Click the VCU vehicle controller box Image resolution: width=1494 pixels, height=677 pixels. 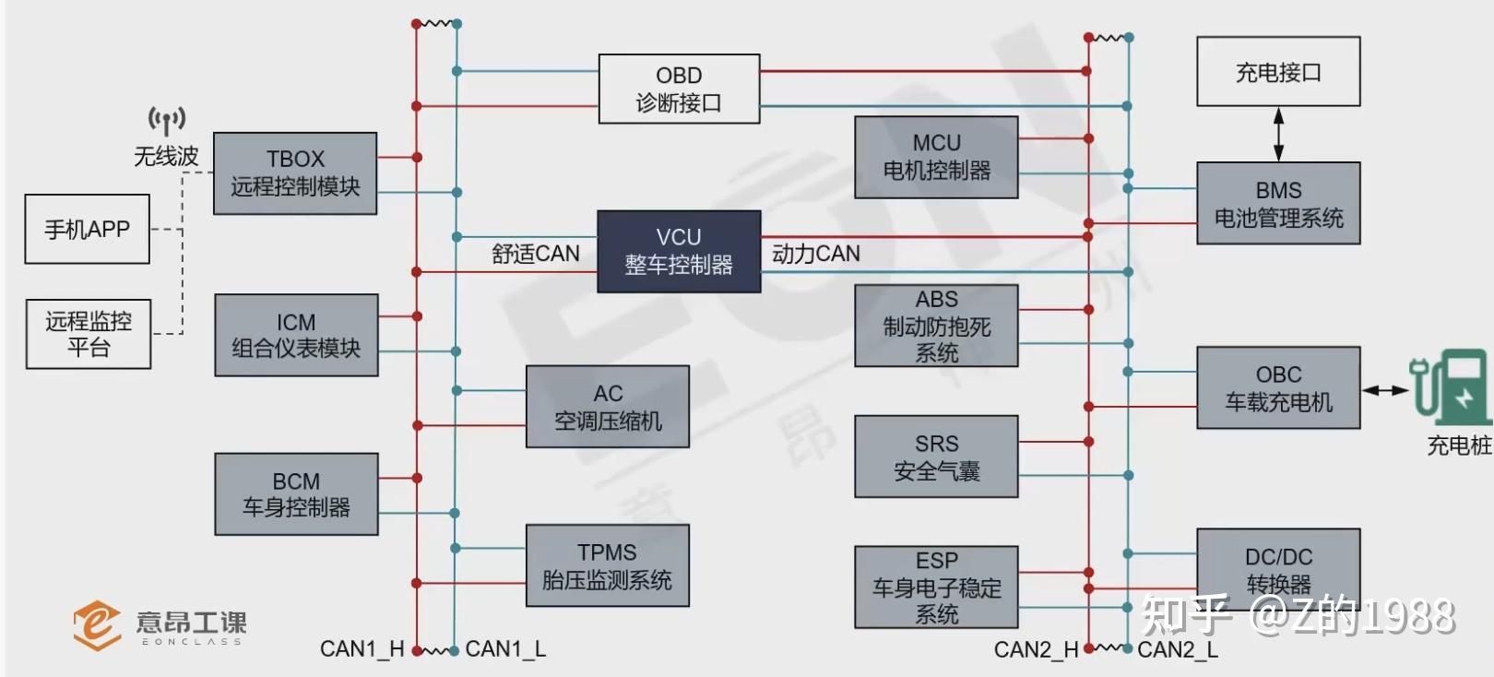(x=679, y=252)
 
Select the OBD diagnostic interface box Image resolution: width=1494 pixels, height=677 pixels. (x=679, y=89)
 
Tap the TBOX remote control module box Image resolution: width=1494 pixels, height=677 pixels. (x=295, y=173)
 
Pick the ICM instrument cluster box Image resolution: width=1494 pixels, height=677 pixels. (x=296, y=335)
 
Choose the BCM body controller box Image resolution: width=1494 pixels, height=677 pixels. (x=296, y=494)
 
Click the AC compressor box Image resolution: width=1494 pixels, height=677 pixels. (x=608, y=407)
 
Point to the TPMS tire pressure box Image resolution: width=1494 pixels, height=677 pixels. (x=608, y=565)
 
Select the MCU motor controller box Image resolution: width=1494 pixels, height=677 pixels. (x=936, y=157)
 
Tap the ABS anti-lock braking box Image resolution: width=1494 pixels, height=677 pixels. (x=936, y=326)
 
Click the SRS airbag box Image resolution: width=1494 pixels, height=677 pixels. (x=936, y=457)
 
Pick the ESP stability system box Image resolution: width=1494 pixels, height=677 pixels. (x=936, y=587)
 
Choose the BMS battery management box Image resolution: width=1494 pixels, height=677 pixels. (x=1278, y=203)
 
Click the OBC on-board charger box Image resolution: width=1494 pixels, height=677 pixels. (x=1278, y=387)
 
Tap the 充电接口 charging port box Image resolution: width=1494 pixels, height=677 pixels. (x=1278, y=72)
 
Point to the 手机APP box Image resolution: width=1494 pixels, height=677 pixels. (x=87, y=229)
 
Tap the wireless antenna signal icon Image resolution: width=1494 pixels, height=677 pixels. (x=167, y=121)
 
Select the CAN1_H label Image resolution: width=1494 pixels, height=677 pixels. (x=362, y=649)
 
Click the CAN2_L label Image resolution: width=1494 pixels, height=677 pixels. (x=1178, y=650)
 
